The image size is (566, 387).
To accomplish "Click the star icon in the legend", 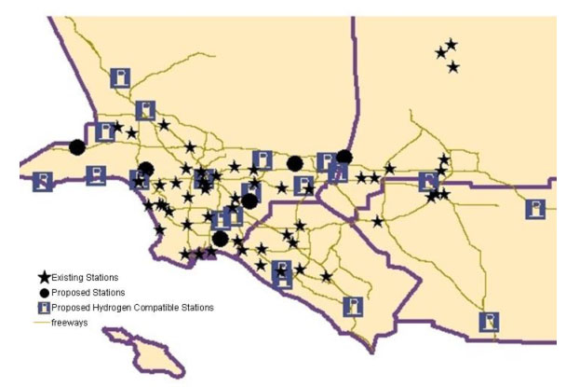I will pyautogui.click(x=43, y=277).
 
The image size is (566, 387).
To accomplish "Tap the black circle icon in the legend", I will pyautogui.click(x=43, y=292).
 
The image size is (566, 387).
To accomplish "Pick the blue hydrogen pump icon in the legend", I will pyautogui.click(x=43, y=307).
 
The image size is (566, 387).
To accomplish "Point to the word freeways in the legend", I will pyautogui.click(x=70, y=322).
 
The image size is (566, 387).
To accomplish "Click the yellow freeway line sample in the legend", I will pyautogui.click(x=42, y=322).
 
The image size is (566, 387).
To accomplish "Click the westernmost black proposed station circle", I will pyautogui.click(x=76, y=146).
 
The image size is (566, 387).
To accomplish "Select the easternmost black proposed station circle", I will pyautogui.click(x=344, y=156).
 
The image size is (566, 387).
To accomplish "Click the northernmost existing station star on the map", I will pyautogui.click(x=451, y=44).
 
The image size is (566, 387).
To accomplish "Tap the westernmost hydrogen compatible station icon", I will pyautogui.click(x=43, y=181).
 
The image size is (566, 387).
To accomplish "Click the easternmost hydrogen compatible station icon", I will pyautogui.click(x=535, y=209).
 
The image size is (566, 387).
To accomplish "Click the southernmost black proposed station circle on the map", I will pyautogui.click(x=220, y=238).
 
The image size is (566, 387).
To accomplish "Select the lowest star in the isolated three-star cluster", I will pyautogui.click(x=453, y=66).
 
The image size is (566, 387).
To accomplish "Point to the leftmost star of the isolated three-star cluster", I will pyautogui.click(x=440, y=52).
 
